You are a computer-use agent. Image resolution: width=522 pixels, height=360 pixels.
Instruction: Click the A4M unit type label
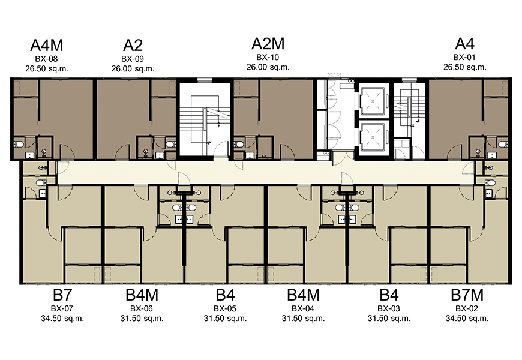pos(47,45)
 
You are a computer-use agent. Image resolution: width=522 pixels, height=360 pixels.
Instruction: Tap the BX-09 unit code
pos(133,59)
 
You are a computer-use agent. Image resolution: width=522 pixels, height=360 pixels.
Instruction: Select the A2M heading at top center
pos(268,44)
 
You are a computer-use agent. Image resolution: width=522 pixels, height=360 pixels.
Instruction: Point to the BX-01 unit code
pos(464,57)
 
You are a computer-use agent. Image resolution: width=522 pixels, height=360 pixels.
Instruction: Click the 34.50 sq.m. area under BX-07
pos(62,319)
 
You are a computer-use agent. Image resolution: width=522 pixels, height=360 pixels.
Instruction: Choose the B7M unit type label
pos(467,295)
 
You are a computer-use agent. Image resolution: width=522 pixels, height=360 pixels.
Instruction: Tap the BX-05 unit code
pos(225,309)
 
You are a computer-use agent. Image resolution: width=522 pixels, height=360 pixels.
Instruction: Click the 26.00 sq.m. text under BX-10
pos(268,67)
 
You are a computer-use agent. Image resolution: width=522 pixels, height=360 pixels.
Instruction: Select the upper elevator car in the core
pos(373,101)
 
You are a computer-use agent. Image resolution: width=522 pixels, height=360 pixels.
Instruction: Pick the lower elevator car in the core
pos(373,137)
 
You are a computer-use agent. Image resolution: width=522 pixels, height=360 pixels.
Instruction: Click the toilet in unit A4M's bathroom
pos(19,144)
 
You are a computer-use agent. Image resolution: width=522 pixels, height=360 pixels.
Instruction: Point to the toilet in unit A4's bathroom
pos(503,144)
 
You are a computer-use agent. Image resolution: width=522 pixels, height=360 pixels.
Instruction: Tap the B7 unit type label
pos(62,295)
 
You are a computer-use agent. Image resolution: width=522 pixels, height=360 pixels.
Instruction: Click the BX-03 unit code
pos(389,309)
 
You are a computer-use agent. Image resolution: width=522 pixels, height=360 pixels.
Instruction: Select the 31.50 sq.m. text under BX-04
pos(303,319)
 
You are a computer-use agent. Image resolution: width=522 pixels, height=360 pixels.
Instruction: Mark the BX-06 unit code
pos(142,309)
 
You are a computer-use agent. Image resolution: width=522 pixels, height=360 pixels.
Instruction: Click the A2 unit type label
pos(133,45)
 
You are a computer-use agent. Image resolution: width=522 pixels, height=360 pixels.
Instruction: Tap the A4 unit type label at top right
pos(465,44)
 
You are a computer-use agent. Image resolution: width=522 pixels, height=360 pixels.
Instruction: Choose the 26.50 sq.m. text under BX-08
pos(47,68)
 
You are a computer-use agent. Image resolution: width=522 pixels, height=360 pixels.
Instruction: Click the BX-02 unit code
pos(467,309)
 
